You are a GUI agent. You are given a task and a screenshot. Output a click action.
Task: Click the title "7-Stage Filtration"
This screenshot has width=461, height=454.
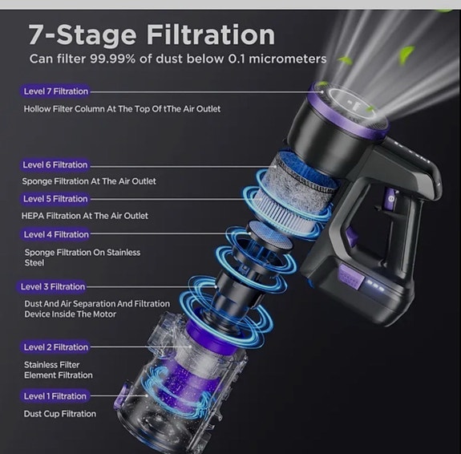point(152,34)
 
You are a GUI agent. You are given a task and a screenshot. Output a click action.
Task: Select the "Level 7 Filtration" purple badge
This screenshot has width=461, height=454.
point(56,91)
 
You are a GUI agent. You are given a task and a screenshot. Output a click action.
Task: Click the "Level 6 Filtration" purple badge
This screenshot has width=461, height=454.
point(55,164)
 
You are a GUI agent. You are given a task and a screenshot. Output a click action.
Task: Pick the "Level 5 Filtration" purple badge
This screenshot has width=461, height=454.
point(55,199)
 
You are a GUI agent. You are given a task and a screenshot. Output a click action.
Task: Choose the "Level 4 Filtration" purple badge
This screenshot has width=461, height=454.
point(56,234)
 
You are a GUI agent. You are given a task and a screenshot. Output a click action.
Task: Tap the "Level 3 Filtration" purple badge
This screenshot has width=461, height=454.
point(53,286)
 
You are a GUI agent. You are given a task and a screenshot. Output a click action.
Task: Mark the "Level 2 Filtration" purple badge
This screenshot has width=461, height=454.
point(55,347)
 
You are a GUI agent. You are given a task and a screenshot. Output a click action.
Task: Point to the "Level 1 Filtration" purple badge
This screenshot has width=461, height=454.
point(55,396)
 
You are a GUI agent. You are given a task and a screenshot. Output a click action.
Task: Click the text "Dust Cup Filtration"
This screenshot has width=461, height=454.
point(60,414)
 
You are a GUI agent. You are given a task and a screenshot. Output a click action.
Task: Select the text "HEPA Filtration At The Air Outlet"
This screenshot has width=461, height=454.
point(85,216)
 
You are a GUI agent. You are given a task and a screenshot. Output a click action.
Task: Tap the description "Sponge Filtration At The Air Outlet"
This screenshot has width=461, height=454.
point(89,181)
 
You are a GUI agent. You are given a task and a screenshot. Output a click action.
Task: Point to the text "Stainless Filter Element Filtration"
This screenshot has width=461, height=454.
point(58,369)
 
